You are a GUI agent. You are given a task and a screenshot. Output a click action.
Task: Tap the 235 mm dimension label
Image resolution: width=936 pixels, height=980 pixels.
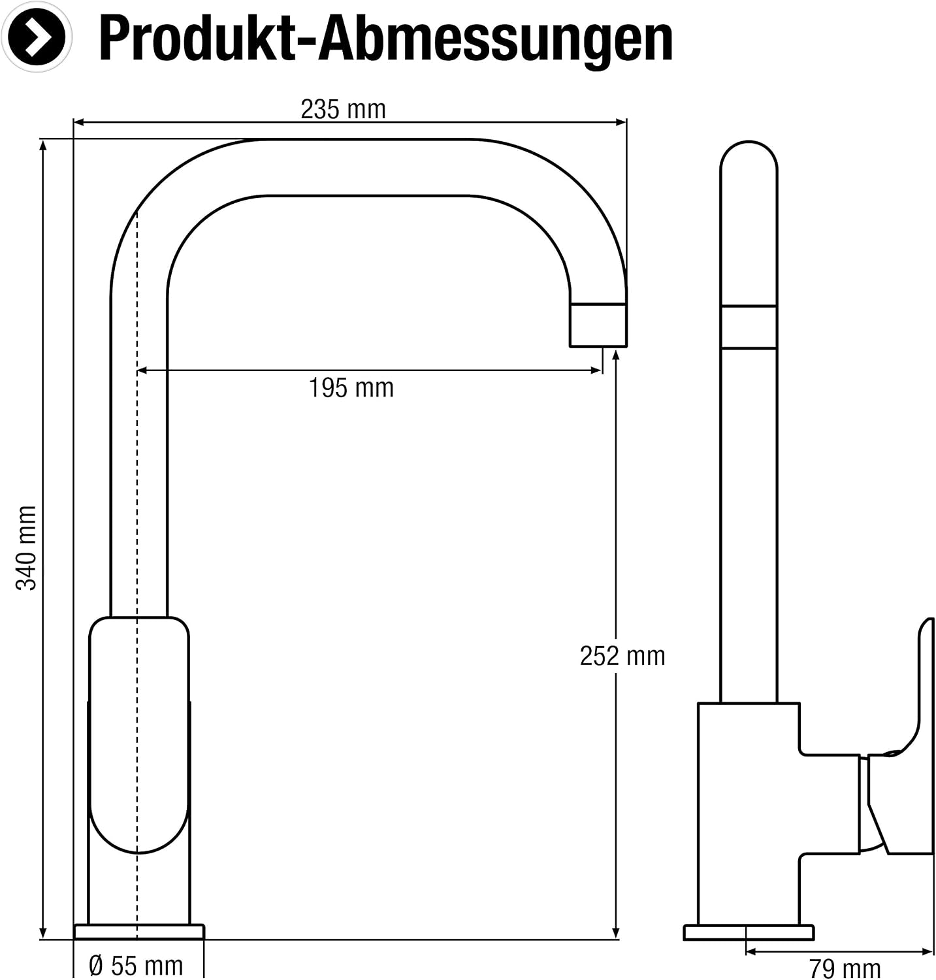[x=344, y=109]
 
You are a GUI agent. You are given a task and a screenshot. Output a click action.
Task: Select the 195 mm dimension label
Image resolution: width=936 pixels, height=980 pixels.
[x=351, y=388]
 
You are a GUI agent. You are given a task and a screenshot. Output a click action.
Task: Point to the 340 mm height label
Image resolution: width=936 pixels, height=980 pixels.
[x=27, y=547]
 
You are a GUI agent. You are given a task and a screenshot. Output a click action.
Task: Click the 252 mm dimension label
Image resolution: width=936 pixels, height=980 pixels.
[x=622, y=656]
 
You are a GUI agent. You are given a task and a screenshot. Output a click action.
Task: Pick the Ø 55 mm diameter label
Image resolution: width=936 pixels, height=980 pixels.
[x=136, y=966]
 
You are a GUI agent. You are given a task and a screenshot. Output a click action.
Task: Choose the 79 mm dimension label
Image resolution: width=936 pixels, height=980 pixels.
[x=845, y=968]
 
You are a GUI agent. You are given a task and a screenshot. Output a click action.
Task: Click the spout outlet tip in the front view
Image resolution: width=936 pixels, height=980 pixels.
[x=598, y=325]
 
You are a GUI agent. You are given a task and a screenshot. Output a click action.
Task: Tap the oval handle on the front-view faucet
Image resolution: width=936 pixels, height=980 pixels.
[x=139, y=735]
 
